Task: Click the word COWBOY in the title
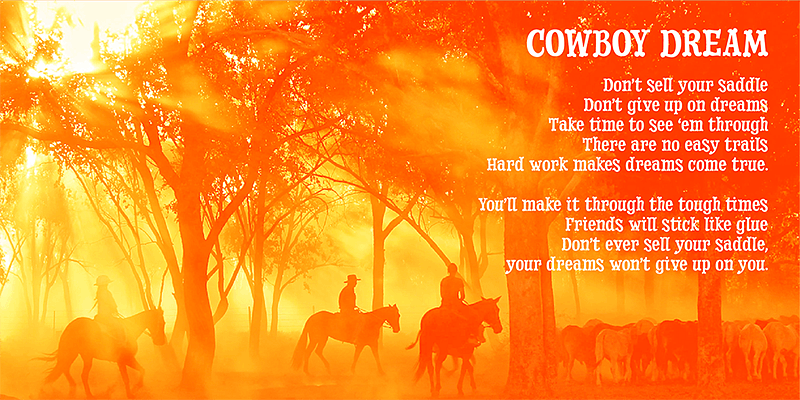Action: [x=587, y=43]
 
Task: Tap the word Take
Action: [x=565, y=124]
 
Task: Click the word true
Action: [x=750, y=165]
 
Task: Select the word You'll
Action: [x=499, y=205]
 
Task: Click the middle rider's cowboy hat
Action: [x=352, y=279]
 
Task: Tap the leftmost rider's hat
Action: [x=103, y=280]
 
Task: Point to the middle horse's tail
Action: [x=299, y=347]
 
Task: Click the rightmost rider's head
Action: [x=452, y=269]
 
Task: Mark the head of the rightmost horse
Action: [x=492, y=315]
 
